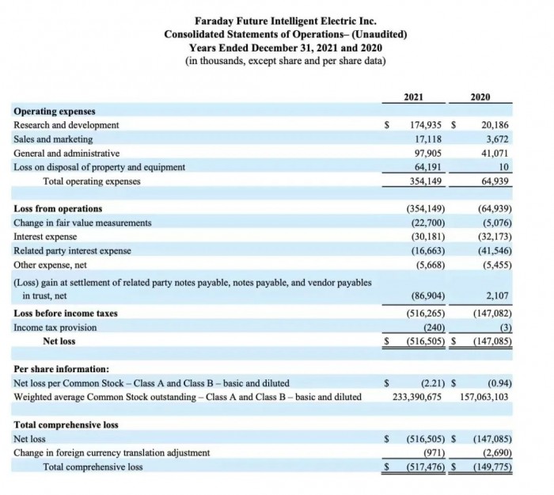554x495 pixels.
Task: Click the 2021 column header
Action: click(x=413, y=97)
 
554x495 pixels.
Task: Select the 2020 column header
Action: click(x=480, y=97)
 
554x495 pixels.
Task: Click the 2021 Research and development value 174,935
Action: click(x=425, y=125)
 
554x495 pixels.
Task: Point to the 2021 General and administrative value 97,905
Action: click(x=428, y=154)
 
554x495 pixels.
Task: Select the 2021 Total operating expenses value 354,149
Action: click(x=425, y=181)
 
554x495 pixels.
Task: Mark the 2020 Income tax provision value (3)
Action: click(x=501, y=327)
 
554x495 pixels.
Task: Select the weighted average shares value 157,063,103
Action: click(x=484, y=397)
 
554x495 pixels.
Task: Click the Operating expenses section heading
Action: click(x=55, y=112)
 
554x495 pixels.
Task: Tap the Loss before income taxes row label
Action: click(x=66, y=314)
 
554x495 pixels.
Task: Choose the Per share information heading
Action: click(x=62, y=369)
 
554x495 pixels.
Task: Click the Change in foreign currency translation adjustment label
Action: click(x=112, y=453)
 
